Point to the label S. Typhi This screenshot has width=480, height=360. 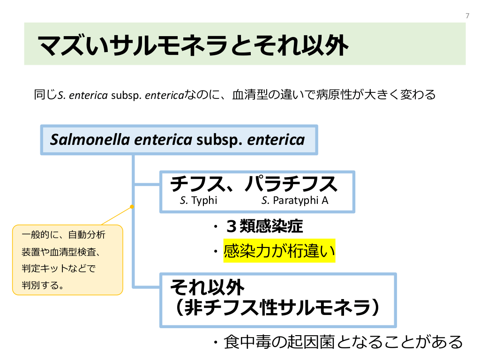(199, 201)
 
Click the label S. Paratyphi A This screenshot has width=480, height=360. (295, 201)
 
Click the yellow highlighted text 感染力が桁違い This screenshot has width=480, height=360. (279, 252)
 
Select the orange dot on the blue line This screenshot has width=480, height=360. (132, 206)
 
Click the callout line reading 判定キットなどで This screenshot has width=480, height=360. (59, 269)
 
